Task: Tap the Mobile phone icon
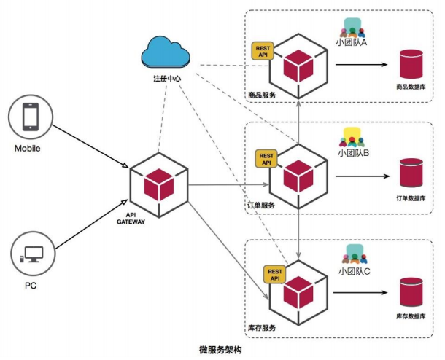[31, 117]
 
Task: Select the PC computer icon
[31, 255]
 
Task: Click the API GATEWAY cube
[159, 181]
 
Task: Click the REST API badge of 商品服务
[262, 51]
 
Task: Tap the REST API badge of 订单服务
[266, 158]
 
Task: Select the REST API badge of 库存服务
[275, 273]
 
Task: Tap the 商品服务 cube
[298, 66]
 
